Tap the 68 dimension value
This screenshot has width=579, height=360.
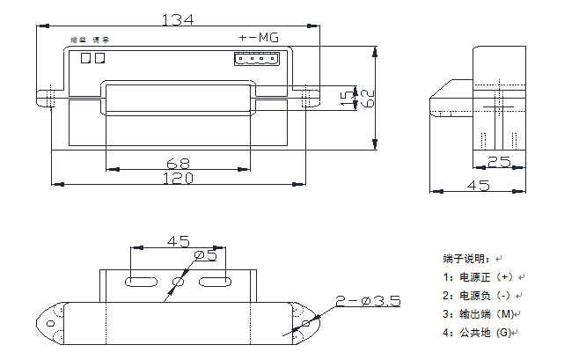(179, 163)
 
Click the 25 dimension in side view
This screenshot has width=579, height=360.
(499, 162)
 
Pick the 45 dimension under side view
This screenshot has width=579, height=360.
(478, 185)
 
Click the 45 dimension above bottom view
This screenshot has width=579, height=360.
(179, 240)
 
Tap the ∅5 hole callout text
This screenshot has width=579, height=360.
(205, 255)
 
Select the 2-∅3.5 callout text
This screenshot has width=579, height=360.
(368, 301)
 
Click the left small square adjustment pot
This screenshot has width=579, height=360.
(85, 59)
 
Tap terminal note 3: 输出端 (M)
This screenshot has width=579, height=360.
(480, 313)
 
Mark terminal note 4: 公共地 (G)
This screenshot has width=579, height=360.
(479, 332)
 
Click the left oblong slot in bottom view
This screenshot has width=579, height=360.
(141, 282)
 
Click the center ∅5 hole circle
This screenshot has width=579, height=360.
(179, 282)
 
